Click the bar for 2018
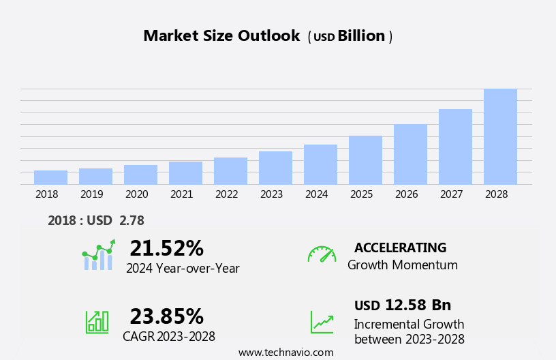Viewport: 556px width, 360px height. (50, 177)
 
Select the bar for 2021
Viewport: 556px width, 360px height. (185, 173)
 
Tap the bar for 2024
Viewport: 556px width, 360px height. (320, 164)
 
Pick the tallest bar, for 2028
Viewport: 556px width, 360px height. (500, 136)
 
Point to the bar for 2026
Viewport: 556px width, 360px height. (410, 154)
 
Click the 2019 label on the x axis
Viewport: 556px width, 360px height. (91, 194)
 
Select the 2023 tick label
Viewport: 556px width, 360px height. (271, 194)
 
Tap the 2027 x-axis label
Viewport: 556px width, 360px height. (451, 194)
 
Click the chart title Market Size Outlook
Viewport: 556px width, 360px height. (221, 36)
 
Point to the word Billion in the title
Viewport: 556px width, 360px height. (361, 36)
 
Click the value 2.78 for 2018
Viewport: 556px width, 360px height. (132, 220)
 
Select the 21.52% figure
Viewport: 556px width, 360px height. (166, 248)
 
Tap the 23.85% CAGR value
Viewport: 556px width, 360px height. (166, 316)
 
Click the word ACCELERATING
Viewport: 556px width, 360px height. (400, 247)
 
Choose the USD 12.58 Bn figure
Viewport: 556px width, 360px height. (403, 305)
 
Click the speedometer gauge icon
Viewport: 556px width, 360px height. (322, 254)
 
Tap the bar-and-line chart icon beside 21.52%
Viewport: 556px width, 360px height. (98, 255)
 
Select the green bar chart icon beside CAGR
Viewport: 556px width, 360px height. (97, 321)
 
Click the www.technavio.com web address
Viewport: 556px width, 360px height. (285, 352)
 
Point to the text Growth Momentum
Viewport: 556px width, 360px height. (403, 265)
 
